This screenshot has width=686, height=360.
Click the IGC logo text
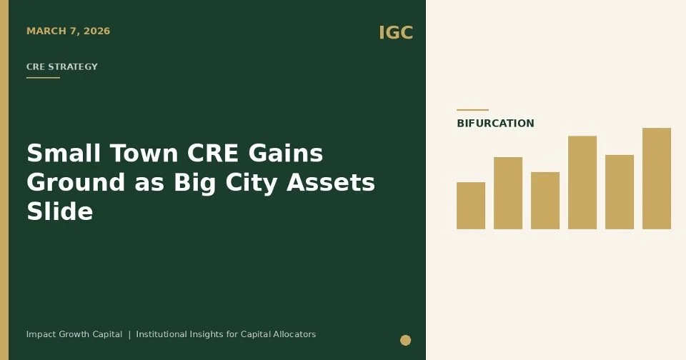[395, 33]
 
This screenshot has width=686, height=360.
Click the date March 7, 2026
[68, 31]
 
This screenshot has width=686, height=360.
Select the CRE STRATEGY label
[62, 67]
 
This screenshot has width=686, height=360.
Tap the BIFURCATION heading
[495, 124]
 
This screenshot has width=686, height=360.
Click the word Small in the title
[58, 154]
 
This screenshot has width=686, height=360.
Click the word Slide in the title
[60, 211]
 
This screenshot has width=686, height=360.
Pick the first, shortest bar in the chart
[471, 206]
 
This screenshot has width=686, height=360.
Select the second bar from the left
[508, 193]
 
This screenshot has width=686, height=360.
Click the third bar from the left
[545, 201]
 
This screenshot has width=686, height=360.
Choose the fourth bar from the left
[582, 182]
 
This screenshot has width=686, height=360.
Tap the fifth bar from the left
[620, 192]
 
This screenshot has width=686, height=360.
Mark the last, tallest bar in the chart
[657, 179]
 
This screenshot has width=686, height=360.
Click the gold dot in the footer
[405, 340]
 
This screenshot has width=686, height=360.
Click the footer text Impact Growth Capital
[74, 334]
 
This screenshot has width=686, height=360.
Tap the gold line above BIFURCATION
[472, 110]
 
